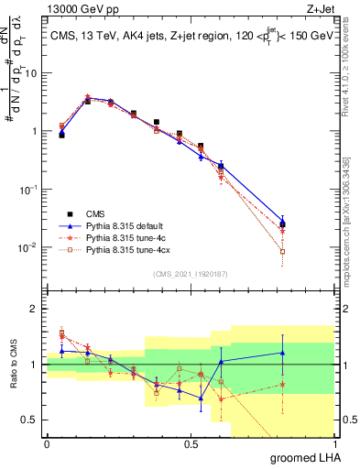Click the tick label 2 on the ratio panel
35,309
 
